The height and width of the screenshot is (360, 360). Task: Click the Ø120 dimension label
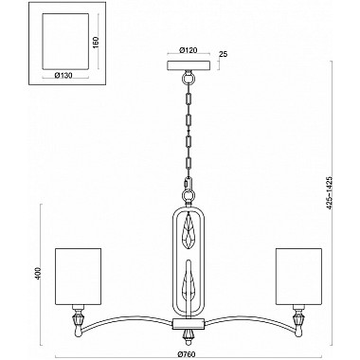click(x=188, y=50)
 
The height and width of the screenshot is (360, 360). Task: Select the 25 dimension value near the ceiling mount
click(x=223, y=54)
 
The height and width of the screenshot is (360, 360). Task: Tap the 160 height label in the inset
click(x=96, y=42)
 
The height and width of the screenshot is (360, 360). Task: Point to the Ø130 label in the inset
click(x=63, y=75)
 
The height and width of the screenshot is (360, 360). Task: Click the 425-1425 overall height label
click(x=330, y=191)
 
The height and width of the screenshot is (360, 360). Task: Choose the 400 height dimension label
click(x=39, y=273)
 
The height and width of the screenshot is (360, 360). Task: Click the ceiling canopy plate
click(x=189, y=65)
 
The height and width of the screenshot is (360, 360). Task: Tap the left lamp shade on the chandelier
click(x=79, y=277)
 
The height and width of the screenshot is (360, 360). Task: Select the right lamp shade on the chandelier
click(x=298, y=277)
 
